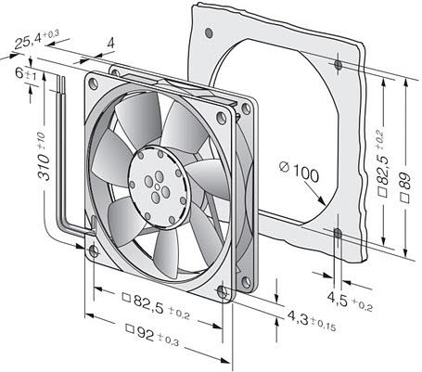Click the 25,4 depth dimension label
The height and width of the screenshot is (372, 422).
click(35, 41)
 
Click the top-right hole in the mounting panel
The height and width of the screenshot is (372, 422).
click(339, 66)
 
